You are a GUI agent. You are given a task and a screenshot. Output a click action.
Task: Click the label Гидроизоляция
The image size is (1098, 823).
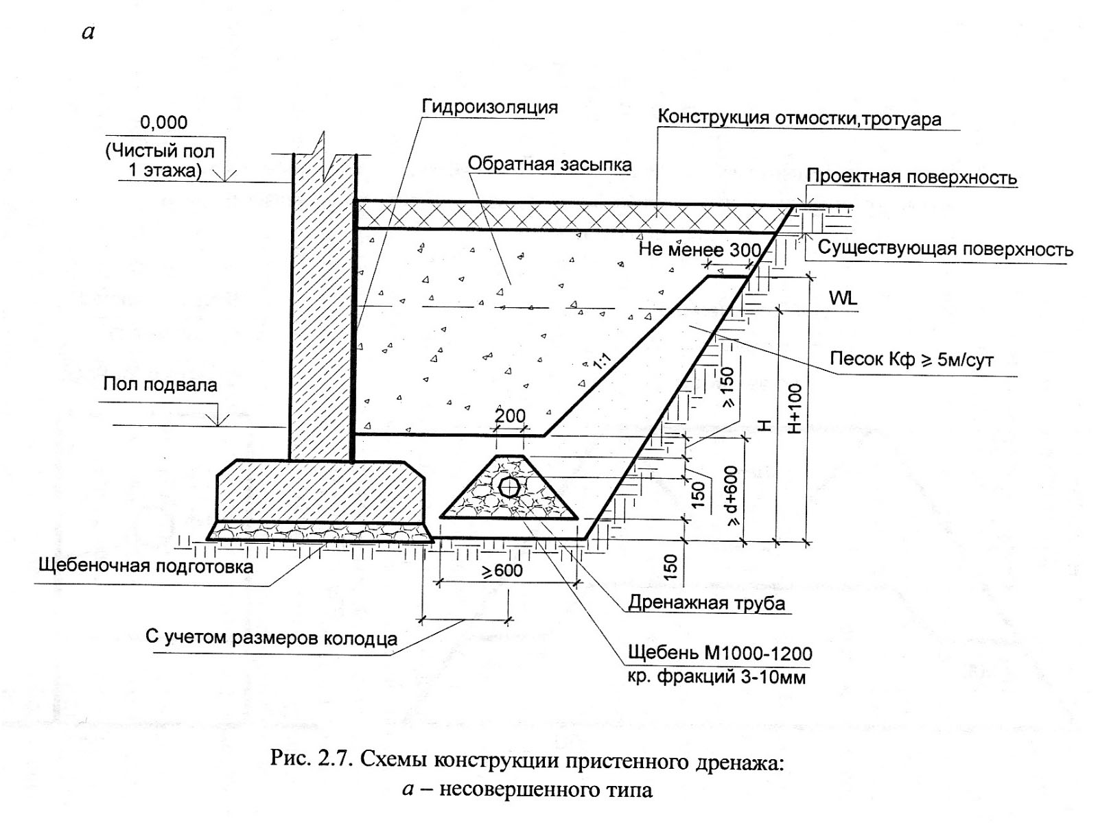[489, 108]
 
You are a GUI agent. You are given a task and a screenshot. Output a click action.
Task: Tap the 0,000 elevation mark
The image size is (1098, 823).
[163, 123]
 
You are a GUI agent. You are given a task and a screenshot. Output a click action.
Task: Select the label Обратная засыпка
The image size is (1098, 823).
[549, 165]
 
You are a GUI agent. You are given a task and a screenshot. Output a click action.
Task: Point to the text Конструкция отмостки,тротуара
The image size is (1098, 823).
[799, 118]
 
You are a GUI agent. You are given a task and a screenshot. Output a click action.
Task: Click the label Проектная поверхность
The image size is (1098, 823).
[911, 177]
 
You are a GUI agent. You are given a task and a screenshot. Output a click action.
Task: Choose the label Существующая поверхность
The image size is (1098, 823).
[945, 248]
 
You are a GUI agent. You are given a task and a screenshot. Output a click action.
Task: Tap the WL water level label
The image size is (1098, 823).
[843, 298]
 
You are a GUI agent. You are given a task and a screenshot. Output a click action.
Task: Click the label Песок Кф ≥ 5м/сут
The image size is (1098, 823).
[911, 359]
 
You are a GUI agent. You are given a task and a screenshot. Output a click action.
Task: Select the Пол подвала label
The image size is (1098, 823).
[160, 384]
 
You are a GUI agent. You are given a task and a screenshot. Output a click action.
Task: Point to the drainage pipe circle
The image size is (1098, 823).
[509, 488]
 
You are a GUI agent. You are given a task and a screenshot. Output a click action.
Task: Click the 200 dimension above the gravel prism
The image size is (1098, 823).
[510, 416]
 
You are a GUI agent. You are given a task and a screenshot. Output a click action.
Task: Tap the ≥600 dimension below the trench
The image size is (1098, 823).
[502, 571]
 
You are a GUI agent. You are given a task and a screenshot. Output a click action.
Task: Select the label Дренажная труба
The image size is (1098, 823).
[706, 604]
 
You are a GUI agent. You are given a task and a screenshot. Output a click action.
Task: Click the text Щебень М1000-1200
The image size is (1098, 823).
[720, 653]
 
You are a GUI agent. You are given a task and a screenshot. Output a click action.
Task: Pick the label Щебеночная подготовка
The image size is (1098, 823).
[146, 566]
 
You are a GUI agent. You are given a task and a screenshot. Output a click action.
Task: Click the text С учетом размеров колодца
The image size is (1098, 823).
[271, 638]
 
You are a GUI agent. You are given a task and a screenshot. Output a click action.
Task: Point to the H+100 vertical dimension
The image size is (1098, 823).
[794, 409]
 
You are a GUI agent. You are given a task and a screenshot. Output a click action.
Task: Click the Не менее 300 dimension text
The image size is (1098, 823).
[700, 250]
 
